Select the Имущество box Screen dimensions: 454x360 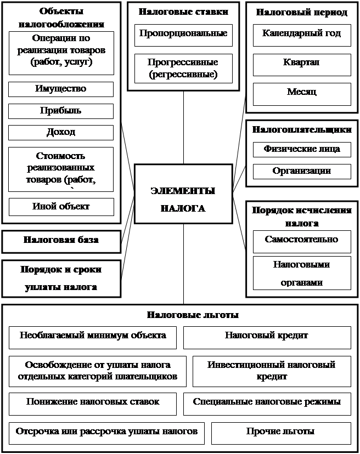(61, 89)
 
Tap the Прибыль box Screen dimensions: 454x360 (61, 111)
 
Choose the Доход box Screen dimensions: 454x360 (61, 133)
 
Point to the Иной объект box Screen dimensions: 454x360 (61, 207)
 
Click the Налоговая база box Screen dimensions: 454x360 (61, 240)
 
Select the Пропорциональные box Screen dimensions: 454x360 (183, 34)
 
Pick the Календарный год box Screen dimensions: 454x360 (302, 34)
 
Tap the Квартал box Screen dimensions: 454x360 (302, 64)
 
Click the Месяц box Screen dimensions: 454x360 (302, 93)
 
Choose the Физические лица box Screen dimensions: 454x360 (302, 149)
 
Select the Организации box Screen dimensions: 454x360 (302, 171)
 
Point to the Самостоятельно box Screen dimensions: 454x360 (302, 240)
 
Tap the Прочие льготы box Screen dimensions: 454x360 (280, 432)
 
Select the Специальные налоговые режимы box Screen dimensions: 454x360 (267, 402)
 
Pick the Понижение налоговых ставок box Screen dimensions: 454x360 (93, 402)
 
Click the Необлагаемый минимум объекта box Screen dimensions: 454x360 (93, 336)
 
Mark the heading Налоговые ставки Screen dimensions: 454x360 (183, 11)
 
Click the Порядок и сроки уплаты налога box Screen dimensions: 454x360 (61, 278)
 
